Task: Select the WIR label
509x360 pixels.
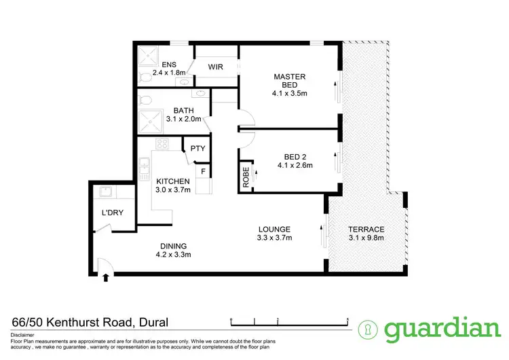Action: (216, 67)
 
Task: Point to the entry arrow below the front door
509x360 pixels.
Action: (105, 276)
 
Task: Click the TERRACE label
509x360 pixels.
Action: (366, 229)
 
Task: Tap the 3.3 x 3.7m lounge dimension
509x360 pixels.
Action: (274, 238)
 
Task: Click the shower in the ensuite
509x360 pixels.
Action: (147, 56)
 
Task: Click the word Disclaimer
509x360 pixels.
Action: (24, 336)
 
